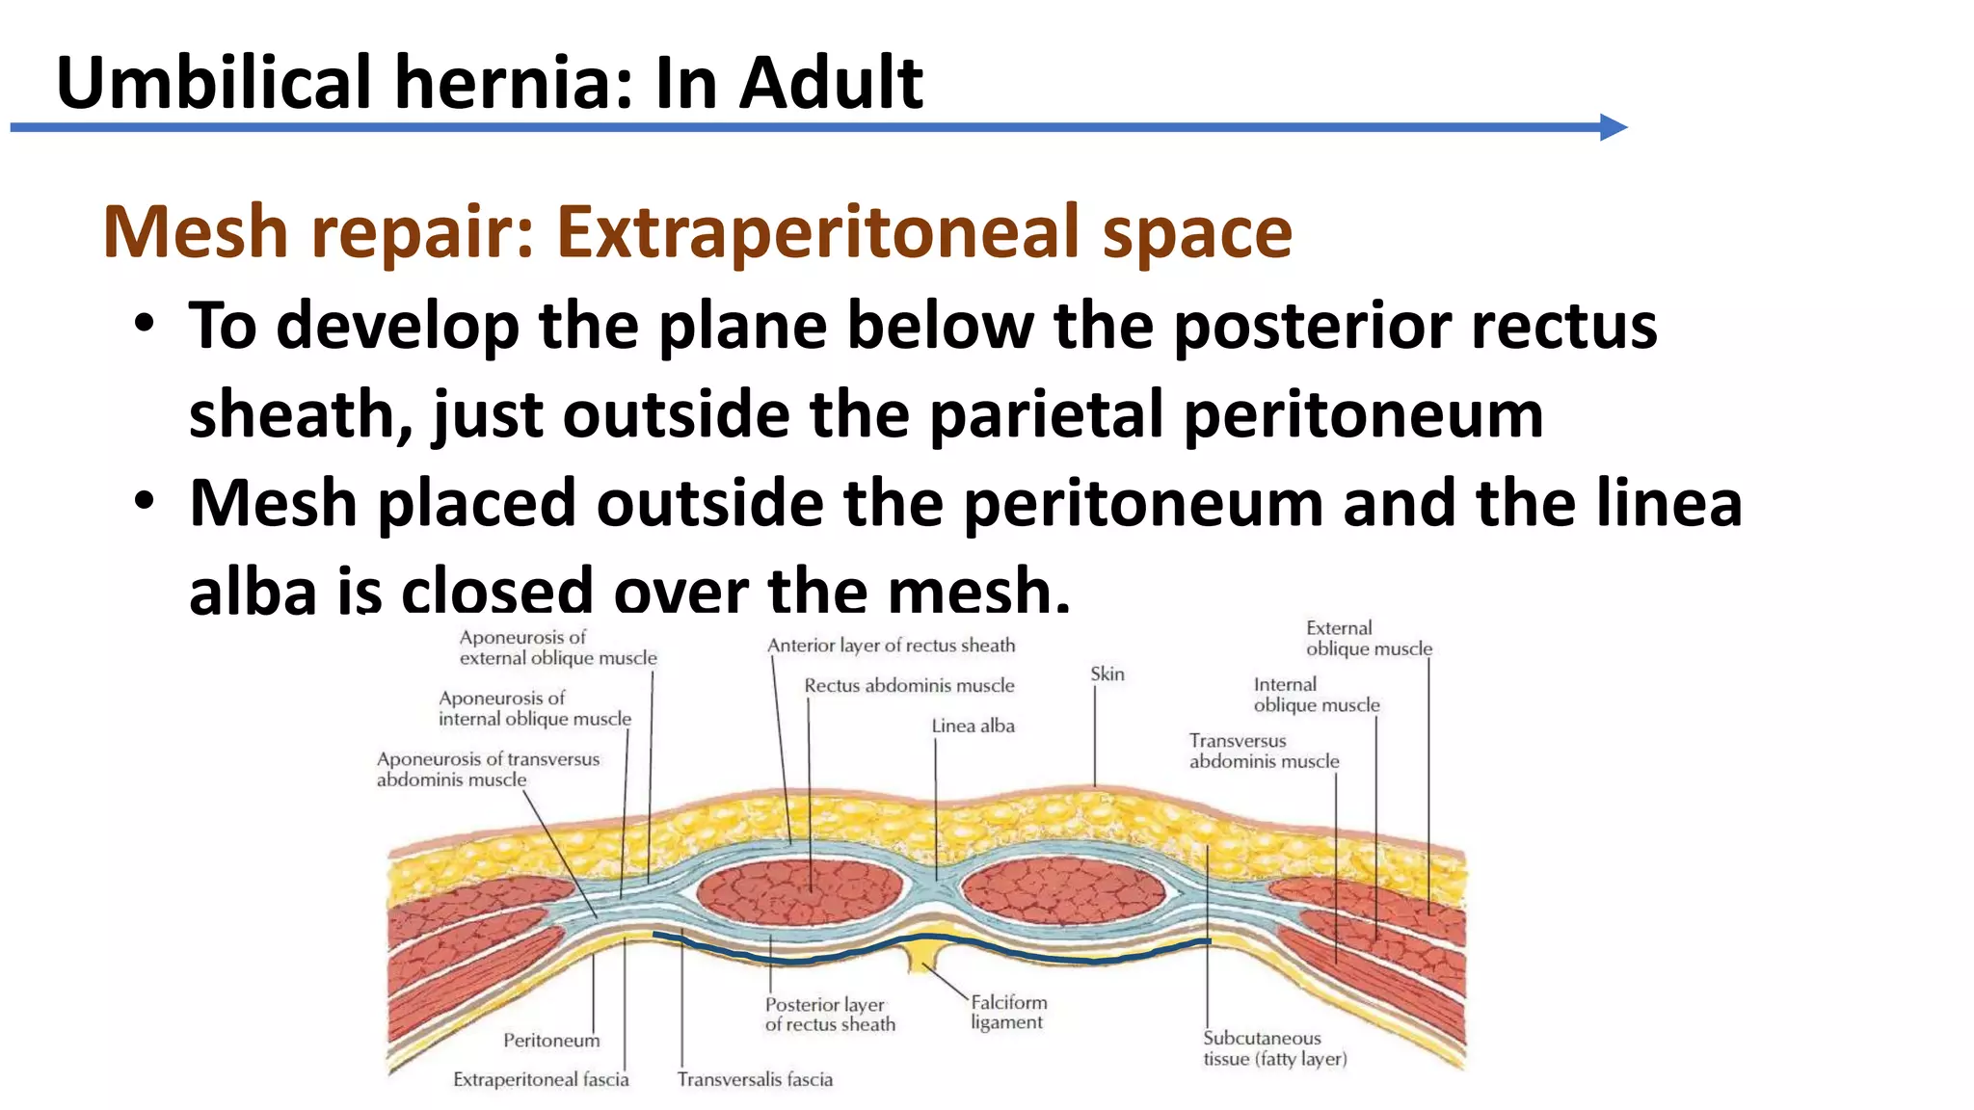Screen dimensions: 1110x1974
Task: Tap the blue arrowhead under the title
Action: (x=1613, y=127)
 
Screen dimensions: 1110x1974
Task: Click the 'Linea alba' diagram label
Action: (x=973, y=726)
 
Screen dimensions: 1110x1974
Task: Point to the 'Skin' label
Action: (x=1107, y=674)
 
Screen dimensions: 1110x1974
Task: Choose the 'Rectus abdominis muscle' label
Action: (x=909, y=685)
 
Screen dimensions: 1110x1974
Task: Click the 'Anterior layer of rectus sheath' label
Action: (x=891, y=645)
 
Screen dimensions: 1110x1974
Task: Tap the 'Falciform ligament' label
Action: (x=1008, y=1012)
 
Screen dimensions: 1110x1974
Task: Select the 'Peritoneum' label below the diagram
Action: (x=551, y=1041)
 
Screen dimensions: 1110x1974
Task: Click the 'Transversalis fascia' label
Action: (x=755, y=1079)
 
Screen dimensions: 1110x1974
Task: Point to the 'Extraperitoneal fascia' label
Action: (x=541, y=1079)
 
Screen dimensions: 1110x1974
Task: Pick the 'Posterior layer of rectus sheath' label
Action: (x=830, y=1015)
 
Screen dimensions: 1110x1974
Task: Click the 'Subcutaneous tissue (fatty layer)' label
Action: (x=1274, y=1048)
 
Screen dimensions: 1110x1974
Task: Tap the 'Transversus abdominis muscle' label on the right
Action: (x=1264, y=751)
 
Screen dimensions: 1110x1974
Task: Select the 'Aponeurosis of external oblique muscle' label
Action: (x=558, y=647)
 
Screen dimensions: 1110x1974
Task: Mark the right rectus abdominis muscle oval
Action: (x=1064, y=892)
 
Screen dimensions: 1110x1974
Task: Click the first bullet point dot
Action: (x=145, y=325)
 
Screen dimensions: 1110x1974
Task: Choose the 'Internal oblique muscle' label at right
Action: (x=1316, y=695)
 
